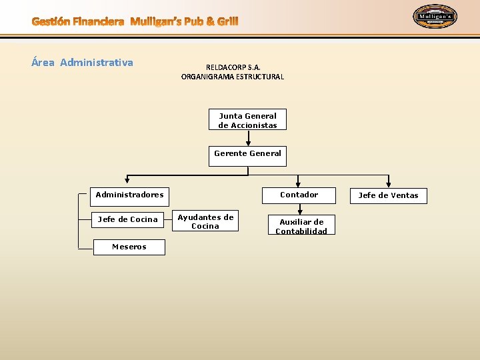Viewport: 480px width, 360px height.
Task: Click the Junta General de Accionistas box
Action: [x=247, y=120]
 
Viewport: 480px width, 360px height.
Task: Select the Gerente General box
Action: [x=247, y=154]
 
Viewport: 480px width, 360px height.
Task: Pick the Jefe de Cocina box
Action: [x=128, y=219]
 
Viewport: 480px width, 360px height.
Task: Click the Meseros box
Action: [x=129, y=247]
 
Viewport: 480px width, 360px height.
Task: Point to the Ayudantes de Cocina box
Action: [x=205, y=221]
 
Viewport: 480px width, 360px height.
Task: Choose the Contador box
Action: [x=299, y=195]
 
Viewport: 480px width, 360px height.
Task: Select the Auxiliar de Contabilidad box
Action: [x=301, y=226]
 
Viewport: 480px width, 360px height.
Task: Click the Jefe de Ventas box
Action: [x=388, y=196]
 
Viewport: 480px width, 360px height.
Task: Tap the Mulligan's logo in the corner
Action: [x=435, y=17]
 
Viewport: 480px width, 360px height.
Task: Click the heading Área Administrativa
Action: [x=83, y=63]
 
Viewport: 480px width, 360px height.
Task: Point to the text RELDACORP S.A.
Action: [x=233, y=67]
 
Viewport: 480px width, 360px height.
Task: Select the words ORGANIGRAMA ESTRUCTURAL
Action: [x=233, y=77]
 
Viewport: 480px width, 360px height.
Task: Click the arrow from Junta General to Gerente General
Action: [x=248, y=138]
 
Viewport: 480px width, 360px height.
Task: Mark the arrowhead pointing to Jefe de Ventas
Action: [x=389, y=184]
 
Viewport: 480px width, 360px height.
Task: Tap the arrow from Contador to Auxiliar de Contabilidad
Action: [x=299, y=209]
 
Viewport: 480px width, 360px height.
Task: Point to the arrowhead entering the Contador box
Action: [x=299, y=184]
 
